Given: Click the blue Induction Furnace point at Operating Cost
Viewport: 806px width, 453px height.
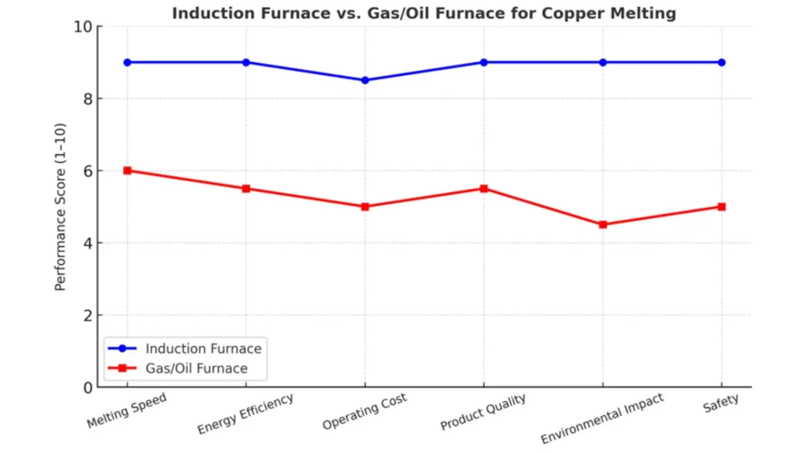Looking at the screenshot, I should tap(365, 80).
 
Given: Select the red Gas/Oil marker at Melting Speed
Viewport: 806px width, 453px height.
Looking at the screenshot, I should tap(128, 171).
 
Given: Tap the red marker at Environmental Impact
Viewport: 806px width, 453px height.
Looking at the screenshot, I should tap(603, 225).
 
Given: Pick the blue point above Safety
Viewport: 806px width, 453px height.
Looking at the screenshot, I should tap(722, 62).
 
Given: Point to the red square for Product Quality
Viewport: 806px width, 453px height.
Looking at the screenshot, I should tap(484, 189).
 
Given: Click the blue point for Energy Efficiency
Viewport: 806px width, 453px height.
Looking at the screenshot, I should tap(246, 62).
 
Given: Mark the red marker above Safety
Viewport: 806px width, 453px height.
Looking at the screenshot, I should tap(722, 207).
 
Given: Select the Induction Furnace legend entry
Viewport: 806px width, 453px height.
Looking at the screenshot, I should tap(203, 348).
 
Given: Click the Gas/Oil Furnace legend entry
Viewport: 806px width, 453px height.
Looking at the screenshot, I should tap(197, 368).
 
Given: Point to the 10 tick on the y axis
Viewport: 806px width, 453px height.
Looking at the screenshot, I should tap(83, 27).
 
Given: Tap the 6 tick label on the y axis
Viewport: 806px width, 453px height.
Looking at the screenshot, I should tap(87, 171).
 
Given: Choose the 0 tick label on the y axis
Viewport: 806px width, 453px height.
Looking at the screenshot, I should tap(87, 388).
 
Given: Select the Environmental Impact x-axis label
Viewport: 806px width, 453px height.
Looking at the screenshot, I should tap(601, 419).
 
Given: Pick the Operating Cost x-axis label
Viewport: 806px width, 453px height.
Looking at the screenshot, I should tap(364, 413).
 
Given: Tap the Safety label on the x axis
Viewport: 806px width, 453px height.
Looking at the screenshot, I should tap(720, 402).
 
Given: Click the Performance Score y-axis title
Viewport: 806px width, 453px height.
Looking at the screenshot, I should tap(61, 207).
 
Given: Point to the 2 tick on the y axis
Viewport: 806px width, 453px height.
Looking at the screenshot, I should tap(87, 315).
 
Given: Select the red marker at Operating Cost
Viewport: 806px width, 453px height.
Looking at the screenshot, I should tap(365, 207).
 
